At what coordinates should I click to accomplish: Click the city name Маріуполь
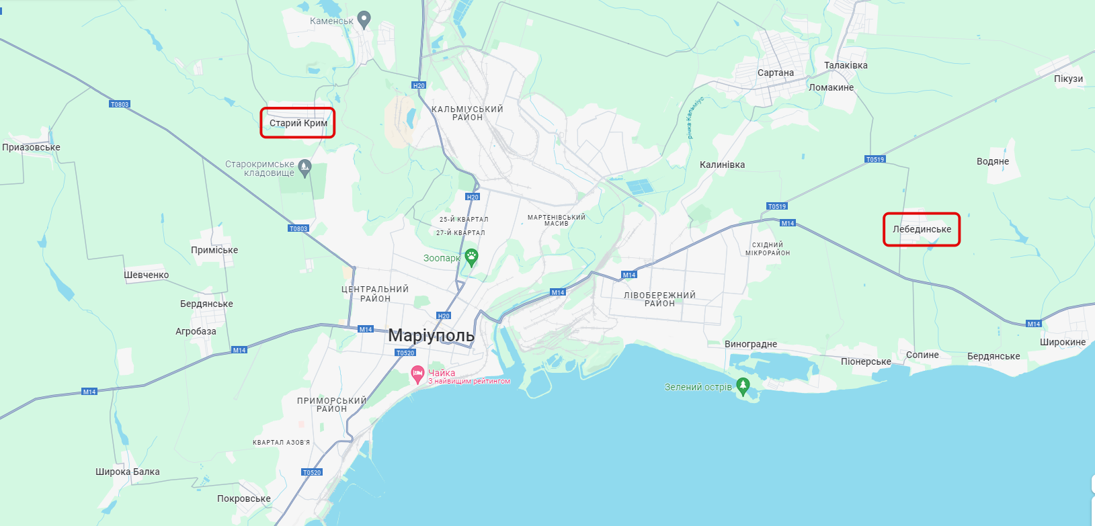pyautogui.click(x=431, y=335)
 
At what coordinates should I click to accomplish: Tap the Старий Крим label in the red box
pyautogui.click(x=298, y=124)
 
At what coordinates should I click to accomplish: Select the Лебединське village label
pyautogui.click(x=922, y=230)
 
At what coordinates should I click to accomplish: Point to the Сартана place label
pyautogui.click(x=775, y=73)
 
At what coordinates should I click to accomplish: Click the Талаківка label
pyautogui.click(x=846, y=65)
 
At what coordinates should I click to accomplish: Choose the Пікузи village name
pyautogui.click(x=1068, y=79)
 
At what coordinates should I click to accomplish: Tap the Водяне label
pyautogui.click(x=993, y=161)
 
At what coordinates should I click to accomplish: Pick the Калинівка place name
pyautogui.click(x=722, y=165)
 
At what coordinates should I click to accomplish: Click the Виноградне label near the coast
pyautogui.click(x=750, y=344)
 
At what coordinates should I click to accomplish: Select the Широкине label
pyautogui.click(x=1063, y=342)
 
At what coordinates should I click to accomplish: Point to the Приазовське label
pyautogui.click(x=31, y=147)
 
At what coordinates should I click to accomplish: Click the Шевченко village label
pyautogui.click(x=146, y=275)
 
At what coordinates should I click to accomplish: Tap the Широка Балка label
pyautogui.click(x=127, y=472)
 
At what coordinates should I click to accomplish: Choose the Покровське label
pyautogui.click(x=243, y=498)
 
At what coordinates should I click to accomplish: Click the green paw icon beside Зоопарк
pyautogui.click(x=472, y=256)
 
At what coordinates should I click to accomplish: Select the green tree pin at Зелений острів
pyautogui.click(x=743, y=386)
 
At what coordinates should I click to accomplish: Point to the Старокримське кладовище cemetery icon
pyautogui.click(x=305, y=167)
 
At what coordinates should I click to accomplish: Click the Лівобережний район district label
pyautogui.click(x=659, y=299)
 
